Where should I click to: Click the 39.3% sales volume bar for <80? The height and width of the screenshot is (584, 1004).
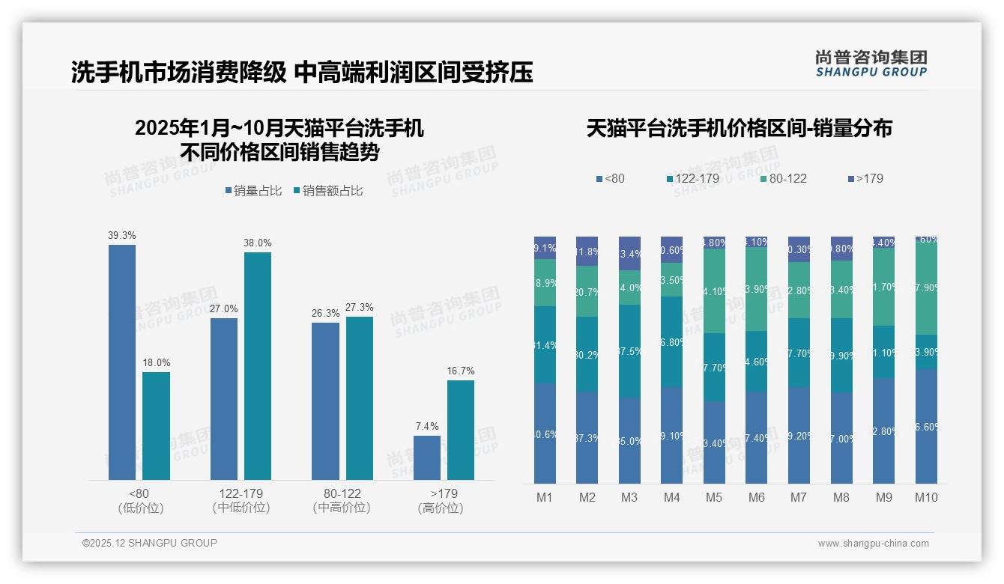[x=122, y=362]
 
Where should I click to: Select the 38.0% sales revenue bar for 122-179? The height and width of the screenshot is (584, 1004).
[x=258, y=366]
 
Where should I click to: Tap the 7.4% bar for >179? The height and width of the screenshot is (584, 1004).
[x=427, y=457]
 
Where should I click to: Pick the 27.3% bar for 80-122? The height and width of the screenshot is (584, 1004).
[x=360, y=398]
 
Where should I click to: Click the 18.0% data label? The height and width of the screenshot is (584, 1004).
[x=156, y=363]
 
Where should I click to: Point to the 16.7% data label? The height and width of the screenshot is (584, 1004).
[x=461, y=371]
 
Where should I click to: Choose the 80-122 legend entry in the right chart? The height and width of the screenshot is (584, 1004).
[x=784, y=178]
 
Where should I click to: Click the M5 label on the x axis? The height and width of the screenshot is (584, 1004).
[x=714, y=497]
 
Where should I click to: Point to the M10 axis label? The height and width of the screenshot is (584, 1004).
[x=926, y=497]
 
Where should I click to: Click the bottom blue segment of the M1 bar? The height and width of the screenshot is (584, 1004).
[x=545, y=434]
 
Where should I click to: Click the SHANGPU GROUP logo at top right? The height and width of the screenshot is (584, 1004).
[x=871, y=64]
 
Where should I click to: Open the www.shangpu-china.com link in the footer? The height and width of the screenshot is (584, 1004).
[x=873, y=544]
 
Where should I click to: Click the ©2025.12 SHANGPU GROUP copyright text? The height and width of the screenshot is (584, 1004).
[x=150, y=543]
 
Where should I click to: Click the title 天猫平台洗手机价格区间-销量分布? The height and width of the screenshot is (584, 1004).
[x=739, y=128]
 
